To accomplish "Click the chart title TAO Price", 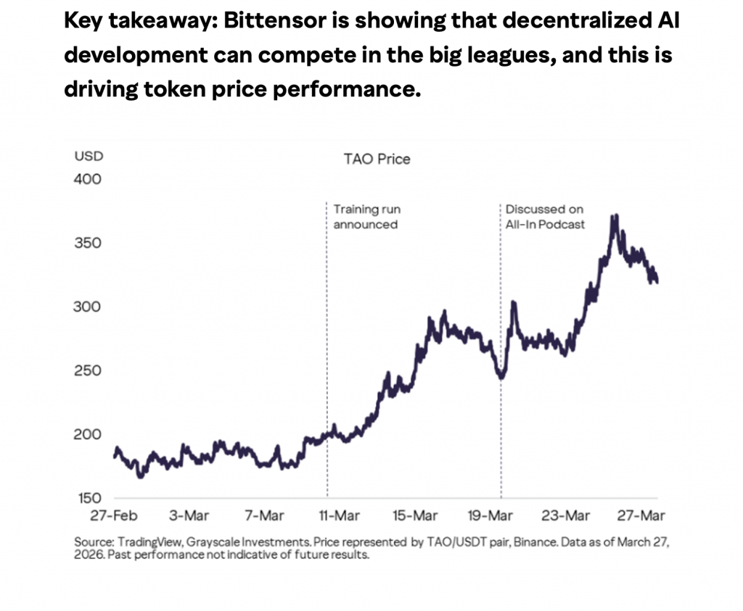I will (x=377, y=158).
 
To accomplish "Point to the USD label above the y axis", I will (x=89, y=155).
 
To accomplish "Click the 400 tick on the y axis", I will (x=89, y=179).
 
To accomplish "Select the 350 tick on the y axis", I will (x=89, y=243).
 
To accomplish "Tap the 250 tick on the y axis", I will (x=89, y=370).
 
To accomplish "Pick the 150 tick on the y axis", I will (x=89, y=498).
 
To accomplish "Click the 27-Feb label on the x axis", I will (x=115, y=516).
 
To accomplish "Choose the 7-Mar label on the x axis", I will (x=265, y=516).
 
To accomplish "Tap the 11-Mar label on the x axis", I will (x=340, y=516).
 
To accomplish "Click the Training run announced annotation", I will (x=366, y=217).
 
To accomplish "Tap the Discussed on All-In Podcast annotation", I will (x=545, y=217).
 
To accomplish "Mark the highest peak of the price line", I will (x=615, y=216).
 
